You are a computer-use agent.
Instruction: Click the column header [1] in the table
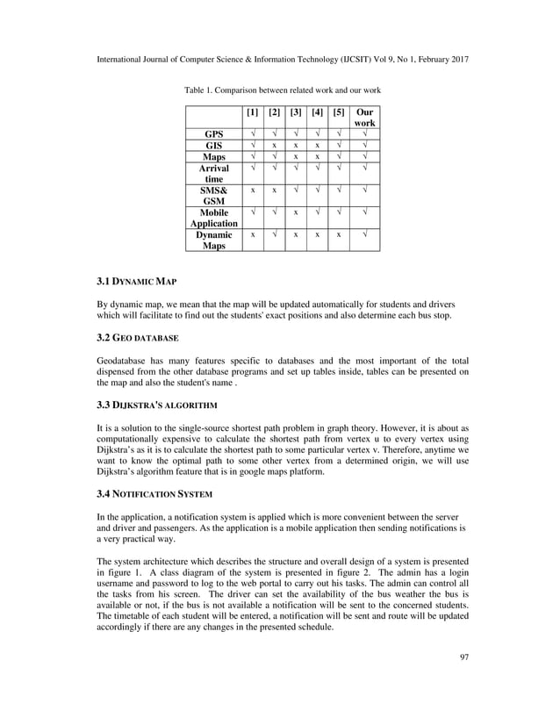tap(253, 113)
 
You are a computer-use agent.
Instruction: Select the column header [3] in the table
tap(296, 113)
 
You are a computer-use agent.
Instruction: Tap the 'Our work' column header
tap(364, 118)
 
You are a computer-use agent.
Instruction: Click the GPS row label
tap(213, 134)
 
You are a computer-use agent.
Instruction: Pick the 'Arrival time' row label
tap(213, 173)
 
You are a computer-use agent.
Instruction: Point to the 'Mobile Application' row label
tap(213, 218)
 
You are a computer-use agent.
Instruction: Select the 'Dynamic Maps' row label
tap(213, 240)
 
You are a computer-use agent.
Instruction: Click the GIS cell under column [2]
tap(274, 146)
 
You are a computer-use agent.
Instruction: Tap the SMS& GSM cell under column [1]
tap(253, 190)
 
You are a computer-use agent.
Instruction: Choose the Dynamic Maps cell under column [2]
tap(274, 235)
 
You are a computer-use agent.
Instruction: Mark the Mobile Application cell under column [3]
tap(296, 212)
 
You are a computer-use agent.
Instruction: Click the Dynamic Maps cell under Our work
tap(364, 235)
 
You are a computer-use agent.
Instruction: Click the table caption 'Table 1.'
tap(200, 90)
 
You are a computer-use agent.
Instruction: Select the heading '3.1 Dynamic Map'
tap(137, 282)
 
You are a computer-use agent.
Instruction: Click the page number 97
tap(463, 681)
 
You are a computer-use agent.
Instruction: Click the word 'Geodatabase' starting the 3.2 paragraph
tap(122, 361)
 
